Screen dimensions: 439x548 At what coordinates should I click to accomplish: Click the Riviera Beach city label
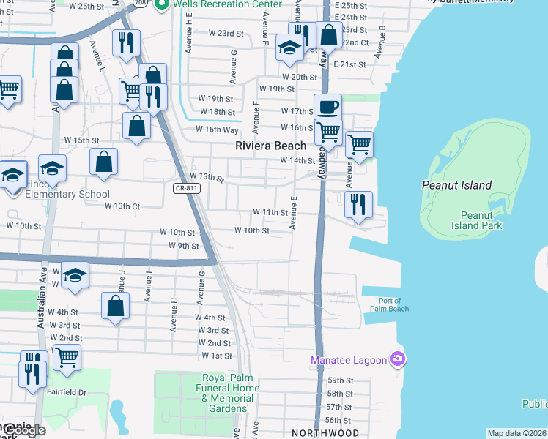pyautogui.click(x=270, y=146)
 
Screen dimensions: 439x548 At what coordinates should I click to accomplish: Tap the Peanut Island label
pyautogui.click(x=456, y=185)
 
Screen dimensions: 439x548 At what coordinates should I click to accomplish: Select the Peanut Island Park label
pyautogui.click(x=481, y=220)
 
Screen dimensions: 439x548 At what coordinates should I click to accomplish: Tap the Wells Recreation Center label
pyautogui.click(x=226, y=4)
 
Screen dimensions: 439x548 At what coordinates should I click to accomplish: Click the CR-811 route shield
pyautogui.click(x=186, y=188)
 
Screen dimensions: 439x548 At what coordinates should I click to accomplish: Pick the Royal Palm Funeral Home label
pyautogui.click(x=231, y=388)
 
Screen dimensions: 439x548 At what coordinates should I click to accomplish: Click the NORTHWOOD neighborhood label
pyautogui.click(x=325, y=433)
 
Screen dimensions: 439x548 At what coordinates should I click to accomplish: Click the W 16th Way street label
pyautogui.click(x=217, y=130)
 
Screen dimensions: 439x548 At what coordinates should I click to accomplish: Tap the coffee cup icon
pyautogui.click(x=327, y=105)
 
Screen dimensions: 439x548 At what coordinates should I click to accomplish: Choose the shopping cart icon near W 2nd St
pyautogui.click(x=67, y=357)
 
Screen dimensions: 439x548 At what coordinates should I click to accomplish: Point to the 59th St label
pyautogui.click(x=340, y=380)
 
